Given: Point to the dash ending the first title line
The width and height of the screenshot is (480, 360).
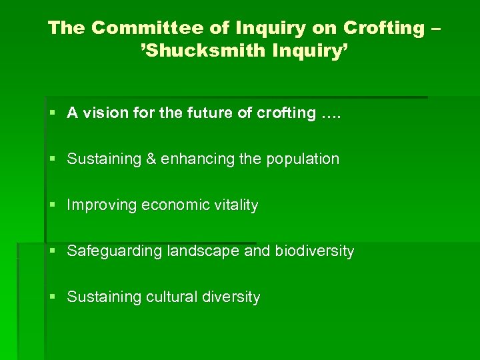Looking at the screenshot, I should tap(437, 29).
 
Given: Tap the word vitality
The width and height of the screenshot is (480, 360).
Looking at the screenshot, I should tap(234, 205).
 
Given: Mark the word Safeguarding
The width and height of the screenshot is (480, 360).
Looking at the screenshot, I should tap(111, 251).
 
